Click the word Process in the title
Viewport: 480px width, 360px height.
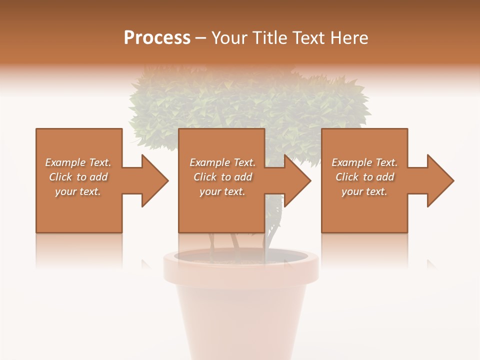point(157,37)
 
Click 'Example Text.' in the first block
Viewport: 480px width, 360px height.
point(78,162)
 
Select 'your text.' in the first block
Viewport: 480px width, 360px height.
point(78,191)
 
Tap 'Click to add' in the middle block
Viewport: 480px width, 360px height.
point(222,177)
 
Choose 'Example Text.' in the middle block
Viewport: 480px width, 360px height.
point(222,162)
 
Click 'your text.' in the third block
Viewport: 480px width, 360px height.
point(364,191)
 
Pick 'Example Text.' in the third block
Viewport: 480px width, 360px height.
point(364,162)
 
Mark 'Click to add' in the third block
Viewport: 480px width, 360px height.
point(364,177)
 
